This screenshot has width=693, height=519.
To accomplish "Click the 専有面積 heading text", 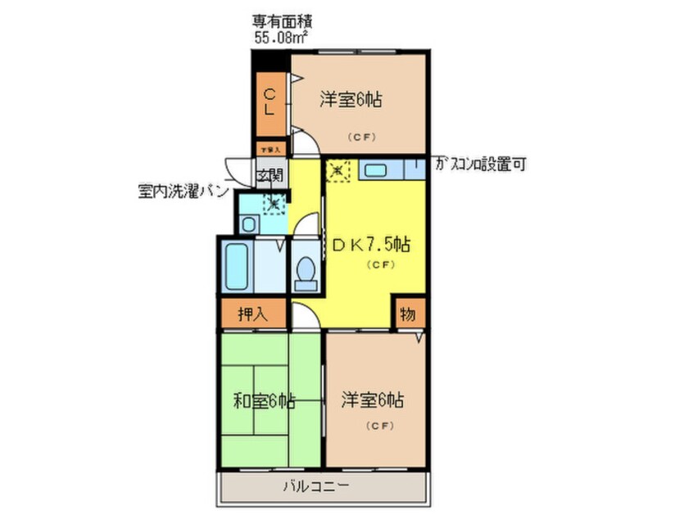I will point(279,21).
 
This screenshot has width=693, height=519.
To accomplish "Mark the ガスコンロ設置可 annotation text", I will point(479,165).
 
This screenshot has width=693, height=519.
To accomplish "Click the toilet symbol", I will point(306,271).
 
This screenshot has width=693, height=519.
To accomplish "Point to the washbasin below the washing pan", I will point(249,223).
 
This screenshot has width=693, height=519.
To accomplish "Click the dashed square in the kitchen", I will point(337,171).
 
